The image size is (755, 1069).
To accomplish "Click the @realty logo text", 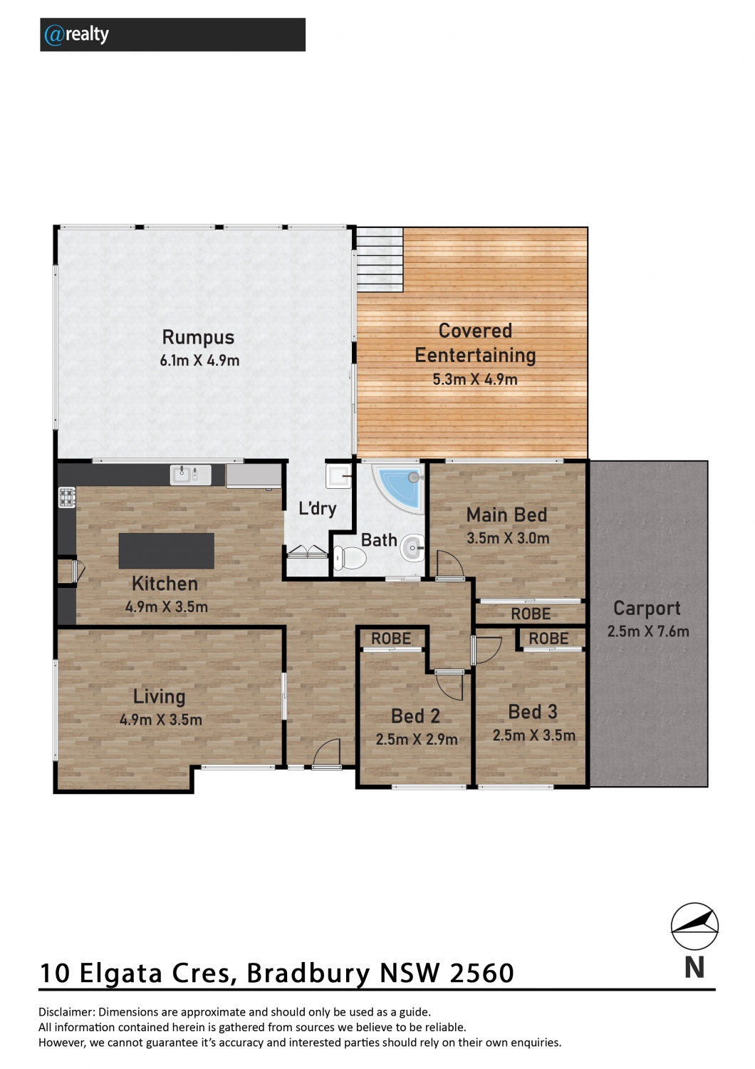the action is pyautogui.click(x=76, y=35).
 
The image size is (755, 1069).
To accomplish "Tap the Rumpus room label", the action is pyautogui.click(x=198, y=337).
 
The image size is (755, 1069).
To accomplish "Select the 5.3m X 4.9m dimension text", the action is pyautogui.click(x=474, y=379).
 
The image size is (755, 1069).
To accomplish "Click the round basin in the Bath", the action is pyautogui.click(x=412, y=548).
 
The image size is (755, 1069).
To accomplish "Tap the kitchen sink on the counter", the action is pyautogui.click(x=191, y=475).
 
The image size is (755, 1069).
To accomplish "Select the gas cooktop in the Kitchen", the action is pyautogui.click(x=67, y=497).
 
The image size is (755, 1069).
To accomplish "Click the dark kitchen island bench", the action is pyautogui.click(x=166, y=551).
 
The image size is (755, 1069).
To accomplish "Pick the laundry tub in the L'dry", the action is pyautogui.click(x=339, y=476).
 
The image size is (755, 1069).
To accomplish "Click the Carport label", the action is pyautogui.click(x=647, y=608).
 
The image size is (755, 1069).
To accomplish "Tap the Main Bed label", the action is pyautogui.click(x=506, y=515).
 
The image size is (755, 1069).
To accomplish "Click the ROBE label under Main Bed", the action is pyautogui.click(x=531, y=614).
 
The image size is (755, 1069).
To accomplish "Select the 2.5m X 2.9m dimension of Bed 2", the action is pyautogui.click(x=417, y=739).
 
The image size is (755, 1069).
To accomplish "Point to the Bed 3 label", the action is pyautogui.click(x=533, y=711).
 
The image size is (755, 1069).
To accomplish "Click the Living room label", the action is pyautogui.click(x=160, y=696).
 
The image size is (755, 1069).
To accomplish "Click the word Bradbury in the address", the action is pyautogui.click(x=308, y=973).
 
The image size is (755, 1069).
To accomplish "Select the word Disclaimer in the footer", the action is pyautogui.click(x=66, y=1012).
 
